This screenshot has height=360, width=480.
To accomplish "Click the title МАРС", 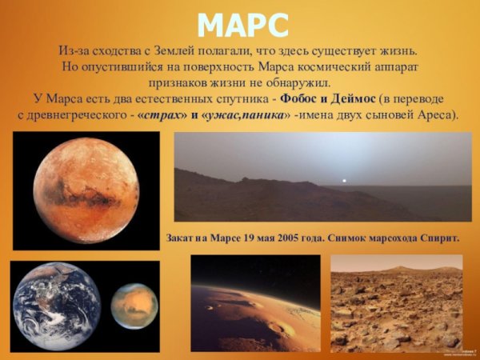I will click(242, 25).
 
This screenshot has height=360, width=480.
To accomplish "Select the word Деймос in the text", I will click(353, 98).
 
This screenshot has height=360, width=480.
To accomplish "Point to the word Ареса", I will click(438, 114).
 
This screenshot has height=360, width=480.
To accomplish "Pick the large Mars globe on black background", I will click(86, 190).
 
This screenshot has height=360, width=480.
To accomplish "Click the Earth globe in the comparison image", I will click(57, 306).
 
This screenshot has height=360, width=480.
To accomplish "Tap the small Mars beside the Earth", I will click(134, 306).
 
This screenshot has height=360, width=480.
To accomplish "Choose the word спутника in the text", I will click(238, 98).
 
